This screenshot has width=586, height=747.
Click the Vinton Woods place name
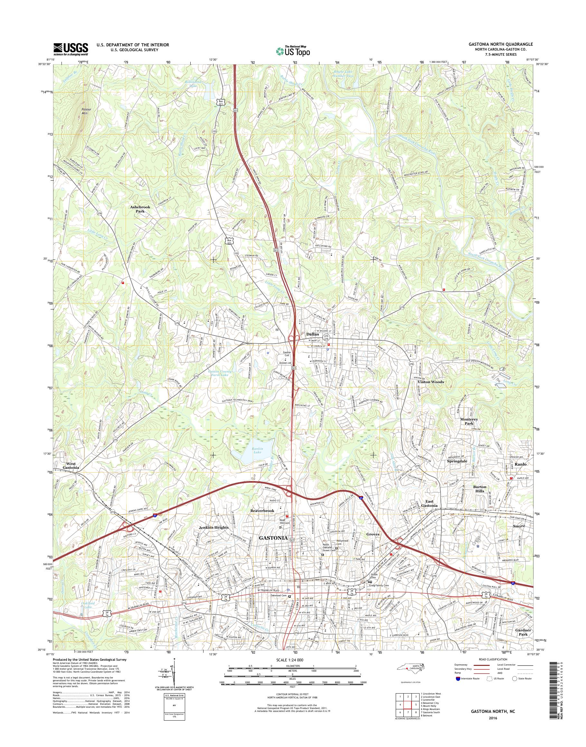coord(430,382)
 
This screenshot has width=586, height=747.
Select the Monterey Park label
coord(469,421)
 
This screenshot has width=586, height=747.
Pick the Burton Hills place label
coord(480,489)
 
